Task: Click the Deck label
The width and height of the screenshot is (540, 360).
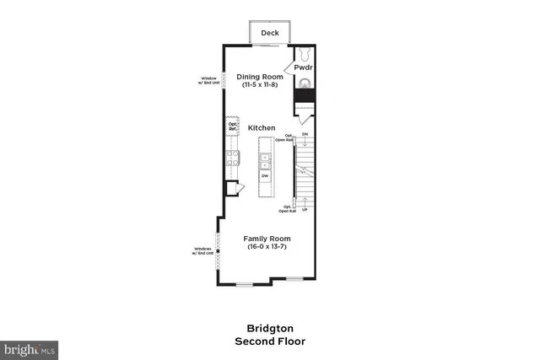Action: point(270,33)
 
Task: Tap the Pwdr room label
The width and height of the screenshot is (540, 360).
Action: point(304,67)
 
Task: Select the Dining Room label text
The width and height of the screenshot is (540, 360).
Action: point(259,76)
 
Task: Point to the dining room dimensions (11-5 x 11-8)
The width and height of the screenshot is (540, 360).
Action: point(259,85)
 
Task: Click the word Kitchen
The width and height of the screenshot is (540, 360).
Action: point(262,127)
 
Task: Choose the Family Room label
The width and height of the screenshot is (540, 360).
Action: point(268,238)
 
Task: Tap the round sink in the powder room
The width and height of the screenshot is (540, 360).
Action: point(305,83)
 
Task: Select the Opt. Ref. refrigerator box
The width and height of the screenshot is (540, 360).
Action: point(232,126)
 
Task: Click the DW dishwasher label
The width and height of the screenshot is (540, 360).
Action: point(264,175)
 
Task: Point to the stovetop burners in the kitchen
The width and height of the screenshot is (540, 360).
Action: point(232,157)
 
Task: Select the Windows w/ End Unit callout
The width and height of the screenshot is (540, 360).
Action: point(202,250)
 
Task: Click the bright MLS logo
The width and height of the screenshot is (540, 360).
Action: point(30,347)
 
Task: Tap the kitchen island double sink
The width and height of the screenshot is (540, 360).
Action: point(264,160)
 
